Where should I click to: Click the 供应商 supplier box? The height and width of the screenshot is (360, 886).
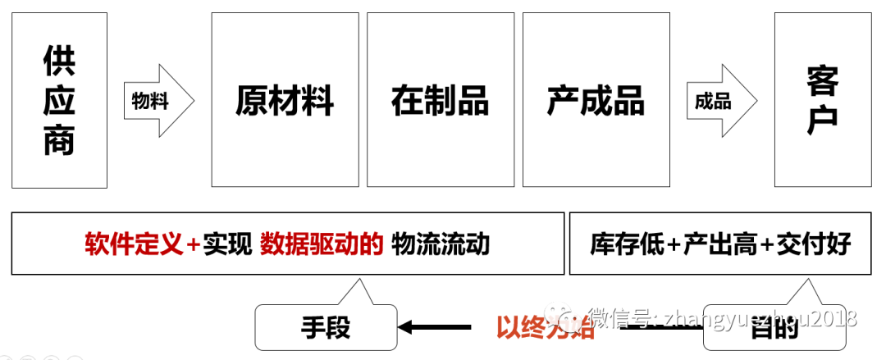pos(59,100)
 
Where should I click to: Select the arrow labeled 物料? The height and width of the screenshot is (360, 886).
pos(158,101)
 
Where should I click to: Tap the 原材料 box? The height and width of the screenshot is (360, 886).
pos(285,100)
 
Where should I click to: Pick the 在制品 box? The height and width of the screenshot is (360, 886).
pos(440,100)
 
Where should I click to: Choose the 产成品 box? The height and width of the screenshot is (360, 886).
pos(596,100)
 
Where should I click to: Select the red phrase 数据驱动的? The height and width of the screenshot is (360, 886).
pos(322,244)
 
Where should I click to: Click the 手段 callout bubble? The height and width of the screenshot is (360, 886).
pos(326,327)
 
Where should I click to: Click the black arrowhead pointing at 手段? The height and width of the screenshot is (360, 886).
pos(406,327)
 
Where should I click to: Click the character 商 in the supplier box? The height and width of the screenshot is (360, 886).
pos(59,140)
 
